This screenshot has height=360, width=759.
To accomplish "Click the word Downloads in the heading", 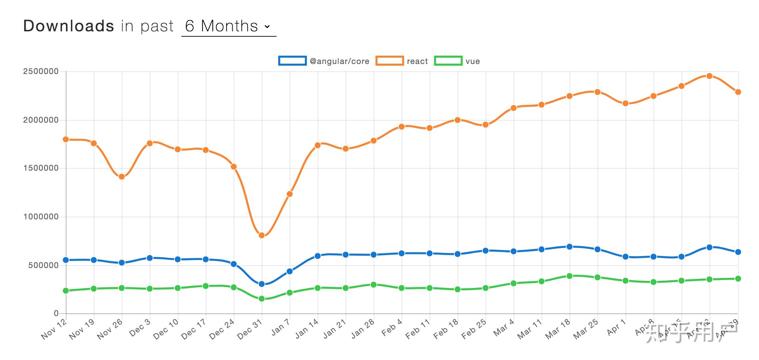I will click(68, 26).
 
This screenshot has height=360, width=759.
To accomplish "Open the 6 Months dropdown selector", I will click(228, 26).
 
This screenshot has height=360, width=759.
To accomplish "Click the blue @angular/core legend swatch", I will click(292, 61).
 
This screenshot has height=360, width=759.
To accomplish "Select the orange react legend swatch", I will click(389, 61).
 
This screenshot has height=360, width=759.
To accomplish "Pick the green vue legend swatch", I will click(448, 61).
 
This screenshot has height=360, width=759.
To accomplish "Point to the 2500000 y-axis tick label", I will click(41, 72).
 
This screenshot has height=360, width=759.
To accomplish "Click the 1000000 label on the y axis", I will click(41, 217).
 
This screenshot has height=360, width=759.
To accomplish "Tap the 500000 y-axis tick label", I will click(43, 265).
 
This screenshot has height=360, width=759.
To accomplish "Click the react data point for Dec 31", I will click(262, 235).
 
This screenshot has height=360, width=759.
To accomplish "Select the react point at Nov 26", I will click(122, 177).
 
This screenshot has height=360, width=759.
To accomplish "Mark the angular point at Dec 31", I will click(262, 284).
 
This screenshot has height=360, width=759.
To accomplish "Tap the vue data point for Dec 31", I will click(262, 299).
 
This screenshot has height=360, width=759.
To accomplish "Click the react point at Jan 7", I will click(290, 194).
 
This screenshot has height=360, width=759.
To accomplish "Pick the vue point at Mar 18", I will click(569, 276).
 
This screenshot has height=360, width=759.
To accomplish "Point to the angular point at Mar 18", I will click(569, 247).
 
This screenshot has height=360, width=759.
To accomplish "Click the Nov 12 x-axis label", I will click(54, 329).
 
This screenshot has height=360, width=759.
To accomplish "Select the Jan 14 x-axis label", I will click(307, 329).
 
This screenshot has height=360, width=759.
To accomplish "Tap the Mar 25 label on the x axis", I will click(585, 329).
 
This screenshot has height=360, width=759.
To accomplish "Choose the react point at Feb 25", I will click(485, 125).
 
